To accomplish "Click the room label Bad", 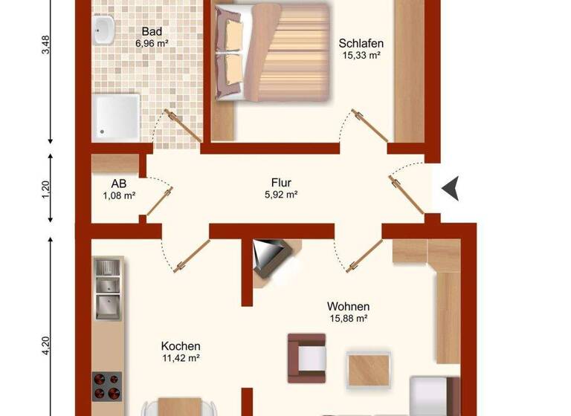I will coord(152,32).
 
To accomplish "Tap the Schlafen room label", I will coord(361,43).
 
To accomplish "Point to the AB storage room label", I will coord(119,183).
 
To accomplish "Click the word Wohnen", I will coord(348,306).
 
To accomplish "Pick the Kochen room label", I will coord(181,346).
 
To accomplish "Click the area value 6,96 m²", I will coord(152,44).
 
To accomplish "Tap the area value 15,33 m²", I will coord(361,55).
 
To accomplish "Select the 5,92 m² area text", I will coord(280,195).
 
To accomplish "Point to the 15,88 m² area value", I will coord(348,319).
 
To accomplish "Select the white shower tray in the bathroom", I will coord(117,115).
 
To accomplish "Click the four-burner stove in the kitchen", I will coord(107,386).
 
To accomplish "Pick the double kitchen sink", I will coord(107,290).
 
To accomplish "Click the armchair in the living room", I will coord(307,354).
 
